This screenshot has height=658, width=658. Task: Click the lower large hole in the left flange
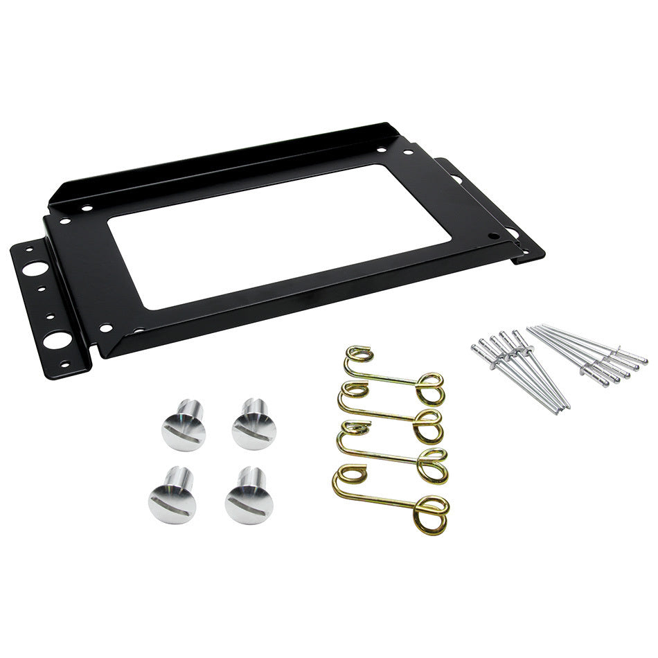[x=56, y=339]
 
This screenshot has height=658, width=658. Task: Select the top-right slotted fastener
[x=254, y=424]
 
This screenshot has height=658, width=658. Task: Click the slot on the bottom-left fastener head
[x=172, y=504]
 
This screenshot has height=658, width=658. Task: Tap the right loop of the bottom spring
[x=432, y=514]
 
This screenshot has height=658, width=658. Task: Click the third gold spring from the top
[x=392, y=454]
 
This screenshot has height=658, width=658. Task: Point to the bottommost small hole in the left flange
[x=64, y=364]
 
